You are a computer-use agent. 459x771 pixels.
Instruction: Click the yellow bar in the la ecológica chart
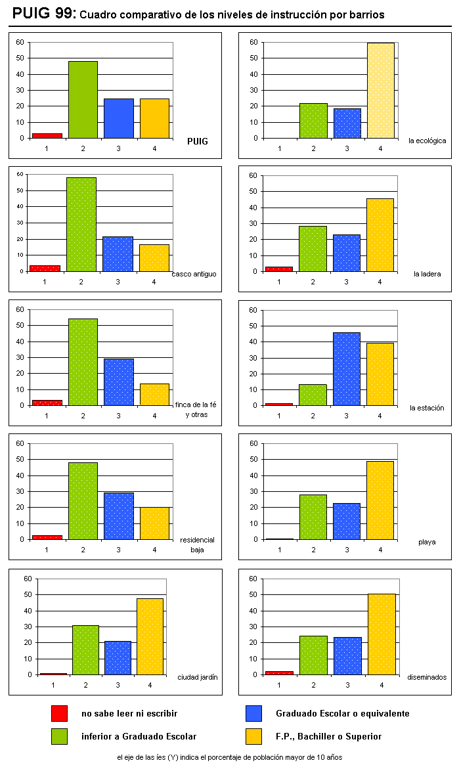pyautogui.click(x=380, y=90)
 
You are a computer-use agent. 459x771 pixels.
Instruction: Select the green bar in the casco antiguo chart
pyautogui.click(x=81, y=224)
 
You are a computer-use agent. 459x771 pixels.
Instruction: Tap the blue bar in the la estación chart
pyautogui.click(x=346, y=368)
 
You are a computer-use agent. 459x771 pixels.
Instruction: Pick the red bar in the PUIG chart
pyautogui.click(x=47, y=135)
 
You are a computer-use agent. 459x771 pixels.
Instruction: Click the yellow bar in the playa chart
pyautogui.click(x=380, y=500)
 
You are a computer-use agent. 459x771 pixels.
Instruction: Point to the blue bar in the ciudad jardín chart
pyautogui.click(x=118, y=657)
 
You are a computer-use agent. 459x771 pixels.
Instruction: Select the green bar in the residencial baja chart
pyautogui.click(x=83, y=500)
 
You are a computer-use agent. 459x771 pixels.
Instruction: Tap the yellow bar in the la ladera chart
pyautogui.click(x=380, y=234)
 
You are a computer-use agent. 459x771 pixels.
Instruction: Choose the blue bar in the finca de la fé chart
pyautogui.click(x=118, y=382)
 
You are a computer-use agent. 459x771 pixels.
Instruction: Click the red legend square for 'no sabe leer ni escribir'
pyautogui.click(x=60, y=714)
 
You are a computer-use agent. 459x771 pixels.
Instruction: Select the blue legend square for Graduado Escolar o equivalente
pyautogui.click(x=253, y=714)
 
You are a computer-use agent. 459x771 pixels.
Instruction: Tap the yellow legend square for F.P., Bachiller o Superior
pyautogui.click(x=253, y=736)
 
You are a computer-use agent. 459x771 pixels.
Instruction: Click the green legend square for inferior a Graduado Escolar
pyautogui.click(x=60, y=736)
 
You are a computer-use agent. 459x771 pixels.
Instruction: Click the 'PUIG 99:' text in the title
pyautogui.click(x=44, y=13)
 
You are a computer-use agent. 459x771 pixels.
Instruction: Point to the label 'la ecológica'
pyautogui.click(x=427, y=140)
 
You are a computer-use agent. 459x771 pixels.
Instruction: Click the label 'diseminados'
pyautogui.click(x=426, y=677)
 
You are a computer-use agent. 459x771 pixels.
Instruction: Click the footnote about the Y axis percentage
pyautogui.click(x=229, y=757)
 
